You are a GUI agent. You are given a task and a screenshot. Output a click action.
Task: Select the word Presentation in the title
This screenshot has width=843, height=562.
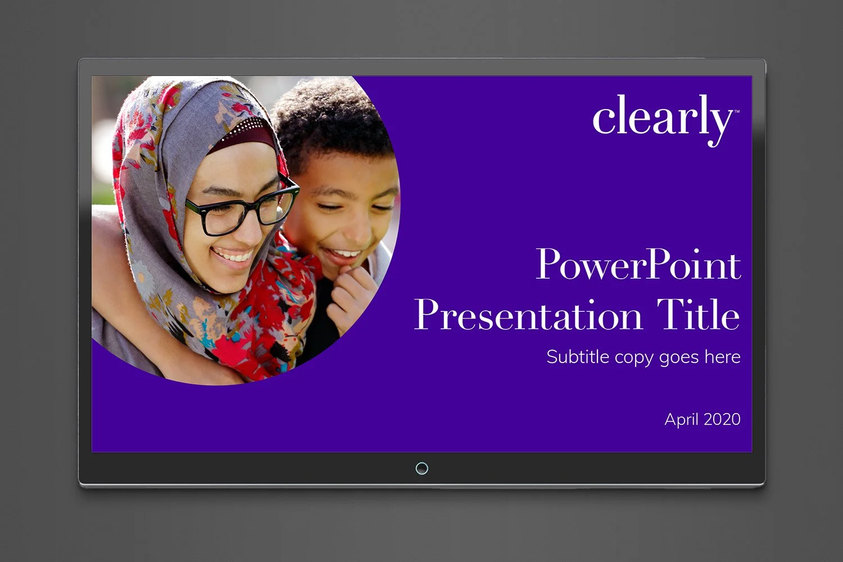pos(528,315)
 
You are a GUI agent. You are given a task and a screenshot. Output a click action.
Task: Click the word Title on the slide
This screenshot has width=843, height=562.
pos(699,315)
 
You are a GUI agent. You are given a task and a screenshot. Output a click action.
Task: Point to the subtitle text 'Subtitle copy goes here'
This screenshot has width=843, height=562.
pos(643,357)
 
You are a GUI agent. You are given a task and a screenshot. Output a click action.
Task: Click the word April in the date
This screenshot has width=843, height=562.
pos(682,419)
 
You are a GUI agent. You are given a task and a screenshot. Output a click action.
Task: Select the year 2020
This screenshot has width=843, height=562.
pos(722,419)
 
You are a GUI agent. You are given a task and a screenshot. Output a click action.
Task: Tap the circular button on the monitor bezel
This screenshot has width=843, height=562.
pos(422,468)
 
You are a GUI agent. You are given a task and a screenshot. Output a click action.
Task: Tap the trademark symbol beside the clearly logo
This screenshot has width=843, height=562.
pos(736,111)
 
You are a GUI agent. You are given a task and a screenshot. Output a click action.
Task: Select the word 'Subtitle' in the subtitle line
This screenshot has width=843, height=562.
pos(578,357)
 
